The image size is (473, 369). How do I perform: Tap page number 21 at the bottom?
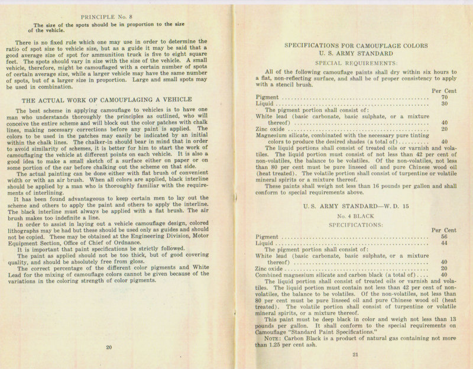click(x=355, y=354)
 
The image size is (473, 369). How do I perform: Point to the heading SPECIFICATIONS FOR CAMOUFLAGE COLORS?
click(x=357, y=45)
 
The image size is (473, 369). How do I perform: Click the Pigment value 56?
click(x=445, y=237)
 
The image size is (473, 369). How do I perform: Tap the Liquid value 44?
click(x=445, y=243)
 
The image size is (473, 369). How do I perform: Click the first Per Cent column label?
click(x=444, y=90)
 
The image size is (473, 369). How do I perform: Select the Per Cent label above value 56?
click(x=444, y=230)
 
